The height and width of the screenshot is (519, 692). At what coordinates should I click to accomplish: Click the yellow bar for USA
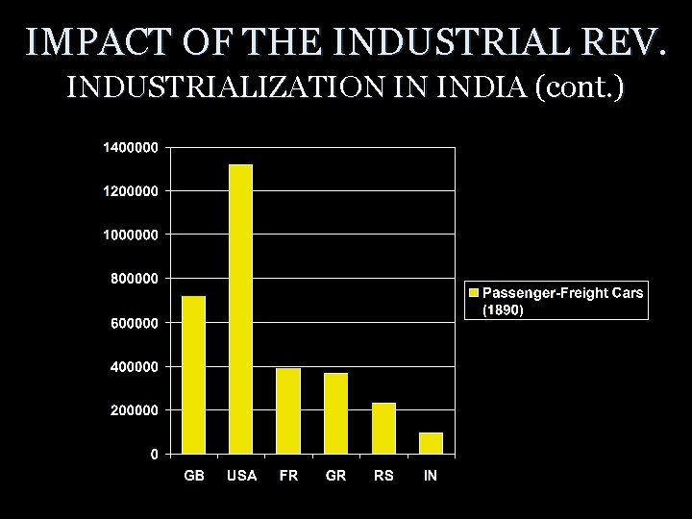point(241,309)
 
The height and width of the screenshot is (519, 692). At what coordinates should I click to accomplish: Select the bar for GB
point(194,374)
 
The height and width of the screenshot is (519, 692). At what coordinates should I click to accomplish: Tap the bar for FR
point(288,410)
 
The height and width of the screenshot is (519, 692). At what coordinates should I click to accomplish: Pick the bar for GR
point(335,413)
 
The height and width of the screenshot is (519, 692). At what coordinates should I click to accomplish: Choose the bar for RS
point(383,428)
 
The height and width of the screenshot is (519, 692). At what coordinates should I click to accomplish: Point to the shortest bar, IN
point(431,443)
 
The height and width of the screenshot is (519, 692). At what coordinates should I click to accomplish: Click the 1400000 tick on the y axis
point(131,147)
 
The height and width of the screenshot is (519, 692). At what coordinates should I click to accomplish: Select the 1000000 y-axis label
point(131,235)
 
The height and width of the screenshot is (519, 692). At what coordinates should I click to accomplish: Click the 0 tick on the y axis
point(154,455)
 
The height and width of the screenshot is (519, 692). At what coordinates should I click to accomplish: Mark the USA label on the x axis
point(241,476)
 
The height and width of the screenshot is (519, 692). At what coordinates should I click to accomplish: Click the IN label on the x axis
point(431,476)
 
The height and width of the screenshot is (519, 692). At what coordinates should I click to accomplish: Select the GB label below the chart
point(194,476)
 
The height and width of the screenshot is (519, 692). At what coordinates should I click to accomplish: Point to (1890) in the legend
point(502,309)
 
